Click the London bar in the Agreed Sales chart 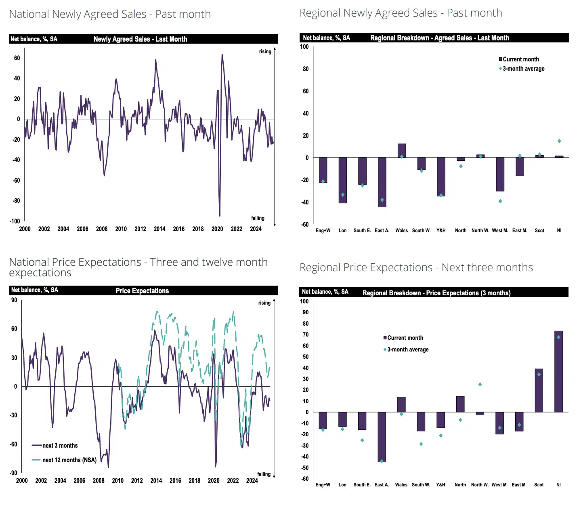click(x=342, y=180)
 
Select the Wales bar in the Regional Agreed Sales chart click(x=401, y=151)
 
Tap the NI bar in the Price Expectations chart click(x=558, y=371)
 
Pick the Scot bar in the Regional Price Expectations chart click(x=539, y=390)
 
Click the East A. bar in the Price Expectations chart click(x=382, y=437)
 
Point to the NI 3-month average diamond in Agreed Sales click(x=559, y=141)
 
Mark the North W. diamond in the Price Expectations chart click(x=480, y=384)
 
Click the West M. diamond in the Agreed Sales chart click(x=500, y=201)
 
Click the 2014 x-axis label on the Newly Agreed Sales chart click(x=159, y=229)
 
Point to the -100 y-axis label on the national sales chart click(x=15, y=221)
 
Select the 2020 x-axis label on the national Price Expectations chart click(x=214, y=481)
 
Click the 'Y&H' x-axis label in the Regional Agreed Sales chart click(x=441, y=231)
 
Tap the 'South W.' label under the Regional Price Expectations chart click(x=421, y=485)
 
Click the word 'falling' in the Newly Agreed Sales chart click(x=258, y=218)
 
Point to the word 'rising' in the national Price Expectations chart click(x=264, y=303)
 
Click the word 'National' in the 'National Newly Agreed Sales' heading click(x=28, y=14)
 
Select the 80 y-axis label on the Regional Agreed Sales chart click(x=306, y=69)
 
